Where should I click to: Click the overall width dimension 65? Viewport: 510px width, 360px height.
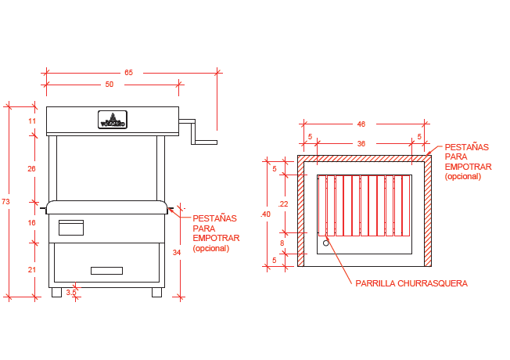(128, 73)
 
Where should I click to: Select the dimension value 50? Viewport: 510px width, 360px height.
(109, 84)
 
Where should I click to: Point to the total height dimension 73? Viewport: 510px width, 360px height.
(6, 202)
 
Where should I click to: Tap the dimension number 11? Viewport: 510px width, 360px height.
(32, 121)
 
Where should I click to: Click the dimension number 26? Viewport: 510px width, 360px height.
(32, 168)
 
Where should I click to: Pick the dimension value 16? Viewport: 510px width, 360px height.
(32, 223)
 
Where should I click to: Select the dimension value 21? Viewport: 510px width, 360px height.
(32, 269)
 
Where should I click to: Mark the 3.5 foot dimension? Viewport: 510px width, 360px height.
(71, 293)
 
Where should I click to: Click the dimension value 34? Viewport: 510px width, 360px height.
(177, 252)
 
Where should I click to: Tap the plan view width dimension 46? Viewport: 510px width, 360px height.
(361, 124)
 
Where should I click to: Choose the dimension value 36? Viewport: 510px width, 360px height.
(361, 144)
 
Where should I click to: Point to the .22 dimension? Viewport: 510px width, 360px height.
(283, 204)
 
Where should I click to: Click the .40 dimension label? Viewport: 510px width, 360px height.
(266, 214)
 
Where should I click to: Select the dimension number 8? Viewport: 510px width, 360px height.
(282, 243)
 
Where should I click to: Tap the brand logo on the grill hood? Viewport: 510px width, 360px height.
(113, 121)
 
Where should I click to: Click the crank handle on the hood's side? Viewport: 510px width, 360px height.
(199, 132)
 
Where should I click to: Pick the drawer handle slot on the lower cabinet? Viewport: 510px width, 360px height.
(106, 271)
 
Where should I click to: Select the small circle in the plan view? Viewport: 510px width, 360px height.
(326, 243)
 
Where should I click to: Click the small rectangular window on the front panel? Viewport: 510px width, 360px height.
(71, 228)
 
